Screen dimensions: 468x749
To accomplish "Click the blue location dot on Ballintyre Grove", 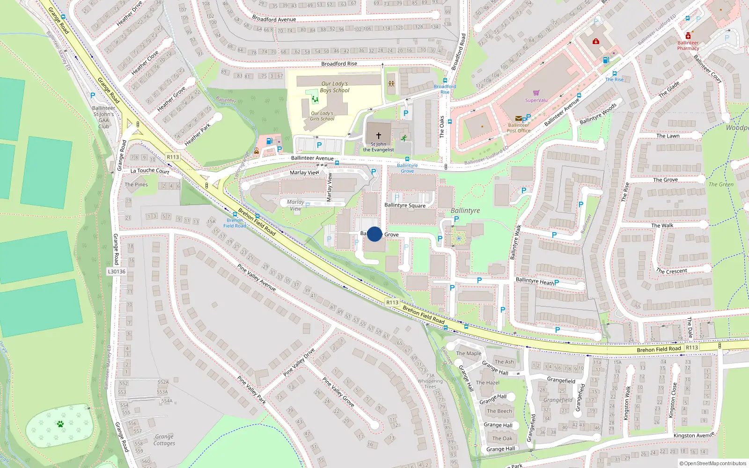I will click(x=374, y=234).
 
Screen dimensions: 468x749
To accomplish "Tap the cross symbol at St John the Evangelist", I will click(x=379, y=135).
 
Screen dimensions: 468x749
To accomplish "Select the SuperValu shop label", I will click(x=536, y=100).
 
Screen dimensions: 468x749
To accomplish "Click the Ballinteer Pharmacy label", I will click(x=688, y=45).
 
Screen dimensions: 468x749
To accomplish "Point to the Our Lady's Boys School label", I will click(x=335, y=87).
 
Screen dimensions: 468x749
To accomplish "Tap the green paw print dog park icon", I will click(x=60, y=424).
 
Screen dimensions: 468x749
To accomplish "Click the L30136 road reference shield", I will click(x=117, y=271).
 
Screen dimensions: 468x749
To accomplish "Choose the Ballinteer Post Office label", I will click(x=519, y=128).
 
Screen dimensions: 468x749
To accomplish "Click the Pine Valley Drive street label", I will click(x=299, y=362).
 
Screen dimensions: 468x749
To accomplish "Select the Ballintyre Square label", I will click(x=405, y=205).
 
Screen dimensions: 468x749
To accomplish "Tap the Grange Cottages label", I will click(x=164, y=440).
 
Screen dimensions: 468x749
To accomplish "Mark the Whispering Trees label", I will click(x=430, y=384).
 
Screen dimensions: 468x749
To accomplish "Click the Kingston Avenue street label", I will click(x=694, y=435).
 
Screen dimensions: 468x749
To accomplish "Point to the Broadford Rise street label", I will click(x=339, y=64).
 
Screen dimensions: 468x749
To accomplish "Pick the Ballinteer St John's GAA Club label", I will click(x=103, y=117).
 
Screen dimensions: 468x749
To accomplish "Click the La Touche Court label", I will click(x=150, y=171).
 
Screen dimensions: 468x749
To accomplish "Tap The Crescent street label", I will click(x=671, y=271).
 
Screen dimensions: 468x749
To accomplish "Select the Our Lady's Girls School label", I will click(x=322, y=116).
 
